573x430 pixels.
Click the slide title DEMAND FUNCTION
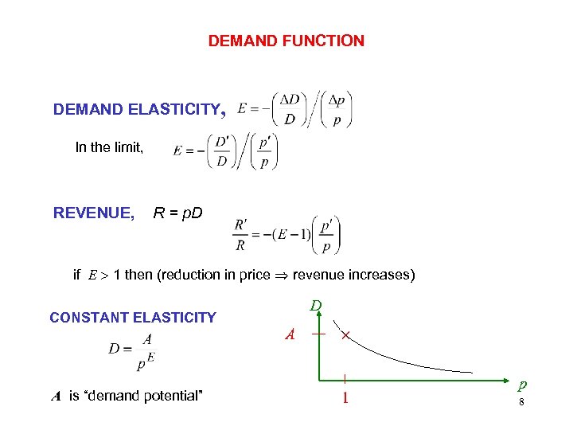286,41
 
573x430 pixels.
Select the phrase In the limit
109,147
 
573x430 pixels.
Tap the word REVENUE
93,213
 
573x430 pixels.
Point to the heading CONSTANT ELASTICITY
133,318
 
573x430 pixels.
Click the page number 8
521,402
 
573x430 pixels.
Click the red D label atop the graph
316,306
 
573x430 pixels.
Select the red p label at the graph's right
522,385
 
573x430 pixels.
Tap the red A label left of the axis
290,335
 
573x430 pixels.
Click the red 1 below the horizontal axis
345,396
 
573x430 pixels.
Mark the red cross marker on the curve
345,338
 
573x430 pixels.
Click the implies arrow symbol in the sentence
282,276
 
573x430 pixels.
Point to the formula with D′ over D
225,151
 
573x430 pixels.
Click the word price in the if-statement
255,276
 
